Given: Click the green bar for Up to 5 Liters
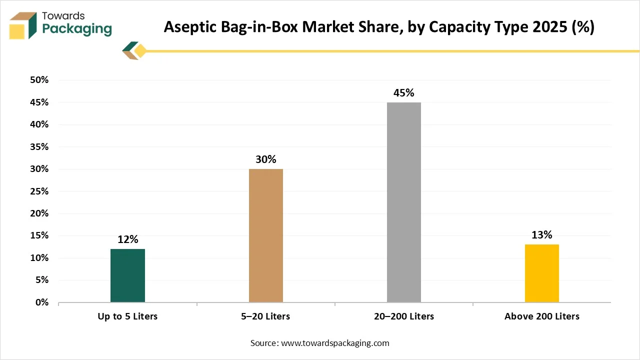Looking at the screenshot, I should (x=127, y=275).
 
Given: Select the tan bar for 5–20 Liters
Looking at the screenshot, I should (x=266, y=235).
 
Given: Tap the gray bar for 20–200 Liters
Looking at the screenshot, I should (x=404, y=202).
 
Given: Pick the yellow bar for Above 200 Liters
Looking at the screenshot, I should (x=542, y=273).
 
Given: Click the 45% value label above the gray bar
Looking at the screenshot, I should (x=404, y=93).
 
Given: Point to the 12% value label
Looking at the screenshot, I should (x=127, y=239).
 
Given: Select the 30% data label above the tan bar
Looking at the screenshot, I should (x=266, y=159).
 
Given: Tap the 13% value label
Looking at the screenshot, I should (x=542, y=235).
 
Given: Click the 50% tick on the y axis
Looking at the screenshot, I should (x=39, y=80).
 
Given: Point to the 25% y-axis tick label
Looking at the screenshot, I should (x=39, y=191).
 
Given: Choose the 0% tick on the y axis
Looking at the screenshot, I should (x=41, y=302).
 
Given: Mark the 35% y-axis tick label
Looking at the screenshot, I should (x=39, y=147).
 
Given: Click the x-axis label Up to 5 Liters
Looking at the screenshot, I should (x=127, y=316).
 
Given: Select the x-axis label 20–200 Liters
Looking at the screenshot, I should (x=404, y=316).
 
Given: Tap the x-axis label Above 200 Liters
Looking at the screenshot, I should (x=542, y=316).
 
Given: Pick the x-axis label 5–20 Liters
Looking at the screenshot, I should (x=266, y=316).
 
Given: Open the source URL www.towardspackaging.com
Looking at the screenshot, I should (x=335, y=343).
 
